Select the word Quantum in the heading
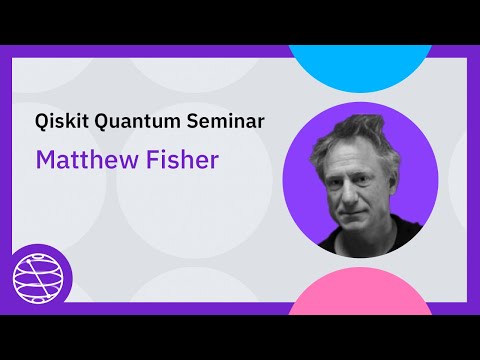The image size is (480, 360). [133, 124]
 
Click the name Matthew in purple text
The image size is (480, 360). [82, 160]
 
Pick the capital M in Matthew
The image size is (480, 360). [45, 160]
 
